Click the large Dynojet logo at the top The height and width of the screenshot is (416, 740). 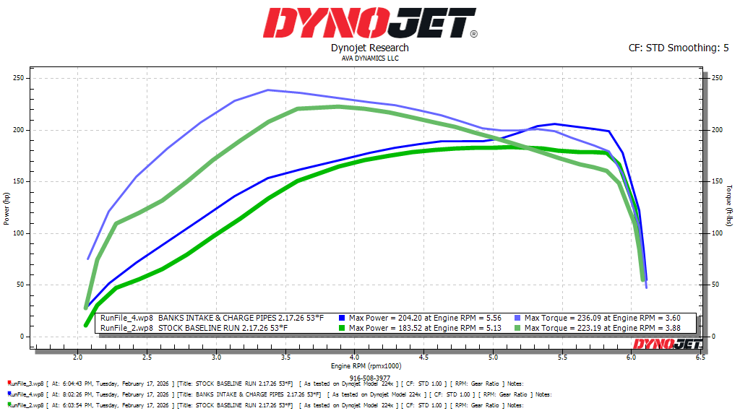[369, 23]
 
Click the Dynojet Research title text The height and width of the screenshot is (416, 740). [369, 48]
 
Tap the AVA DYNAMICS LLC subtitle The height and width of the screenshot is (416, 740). [369, 58]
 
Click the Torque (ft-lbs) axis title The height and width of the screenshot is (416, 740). [731, 207]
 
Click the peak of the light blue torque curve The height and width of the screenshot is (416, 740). [268, 90]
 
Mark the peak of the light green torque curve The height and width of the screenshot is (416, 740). [337, 107]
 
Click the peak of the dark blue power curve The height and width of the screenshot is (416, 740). [554, 123]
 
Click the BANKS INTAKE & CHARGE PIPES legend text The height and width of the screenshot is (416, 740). [241, 318]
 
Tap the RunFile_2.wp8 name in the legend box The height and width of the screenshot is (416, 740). [126, 328]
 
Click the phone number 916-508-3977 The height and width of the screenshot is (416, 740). [369, 377]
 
